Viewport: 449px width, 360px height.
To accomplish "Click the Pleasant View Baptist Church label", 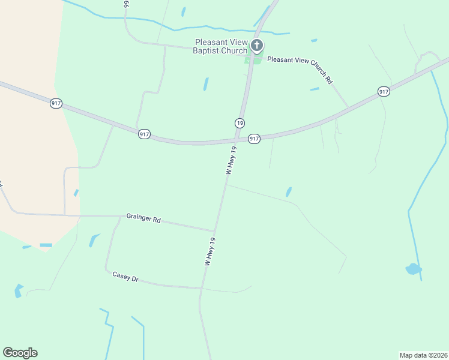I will point(220,46).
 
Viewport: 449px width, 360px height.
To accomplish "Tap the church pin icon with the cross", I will point(257,45).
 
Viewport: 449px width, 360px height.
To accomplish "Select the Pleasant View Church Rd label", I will point(300,68).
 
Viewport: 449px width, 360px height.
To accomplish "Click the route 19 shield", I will point(240,122).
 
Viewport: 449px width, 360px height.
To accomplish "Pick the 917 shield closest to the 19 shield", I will point(254,139).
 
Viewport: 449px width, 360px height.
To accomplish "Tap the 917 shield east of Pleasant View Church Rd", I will point(384,92).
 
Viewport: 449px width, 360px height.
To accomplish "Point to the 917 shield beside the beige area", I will point(56,103).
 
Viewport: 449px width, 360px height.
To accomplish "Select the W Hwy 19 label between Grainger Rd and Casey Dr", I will point(209,251).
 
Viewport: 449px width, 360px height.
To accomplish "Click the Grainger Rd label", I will point(143,218).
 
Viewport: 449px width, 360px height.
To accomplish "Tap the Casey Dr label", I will point(125,277).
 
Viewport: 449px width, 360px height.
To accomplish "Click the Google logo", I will point(20,353).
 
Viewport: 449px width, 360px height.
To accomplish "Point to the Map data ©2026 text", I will point(424,355).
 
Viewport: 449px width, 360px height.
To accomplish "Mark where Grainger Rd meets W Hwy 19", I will point(214,231).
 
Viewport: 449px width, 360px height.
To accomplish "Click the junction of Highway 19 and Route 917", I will point(235,140).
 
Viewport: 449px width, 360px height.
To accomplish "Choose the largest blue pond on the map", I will point(413,269).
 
